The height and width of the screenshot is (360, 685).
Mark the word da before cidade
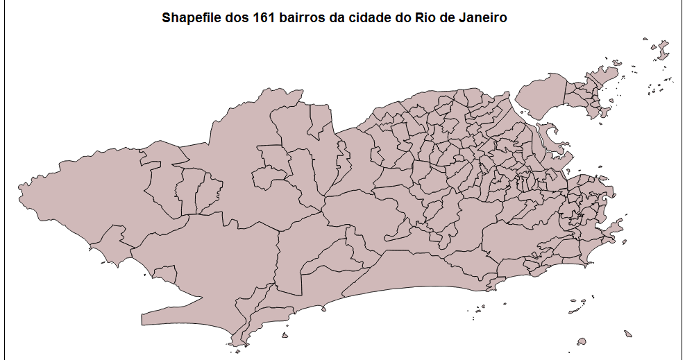(x=338, y=17)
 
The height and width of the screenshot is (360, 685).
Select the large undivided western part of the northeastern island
(x=541, y=97)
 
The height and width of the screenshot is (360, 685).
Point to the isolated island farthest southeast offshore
(x=627, y=334)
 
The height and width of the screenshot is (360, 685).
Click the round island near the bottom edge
(x=582, y=341)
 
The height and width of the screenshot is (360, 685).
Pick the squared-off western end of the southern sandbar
(x=144, y=320)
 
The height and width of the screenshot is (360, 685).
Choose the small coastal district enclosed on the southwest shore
(x=161, y=275)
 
